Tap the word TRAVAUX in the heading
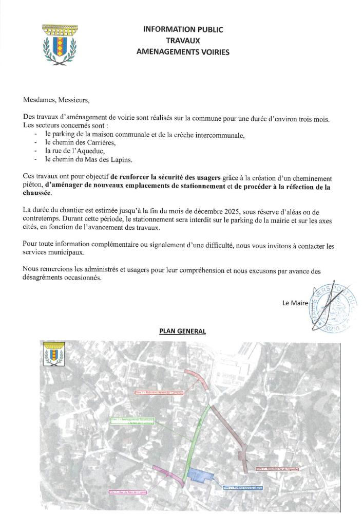[183, 41]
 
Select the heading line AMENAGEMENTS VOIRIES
[183, 52]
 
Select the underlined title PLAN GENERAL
[182, 332]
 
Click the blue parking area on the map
[199, 474]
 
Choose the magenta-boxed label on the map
[128, 492]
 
